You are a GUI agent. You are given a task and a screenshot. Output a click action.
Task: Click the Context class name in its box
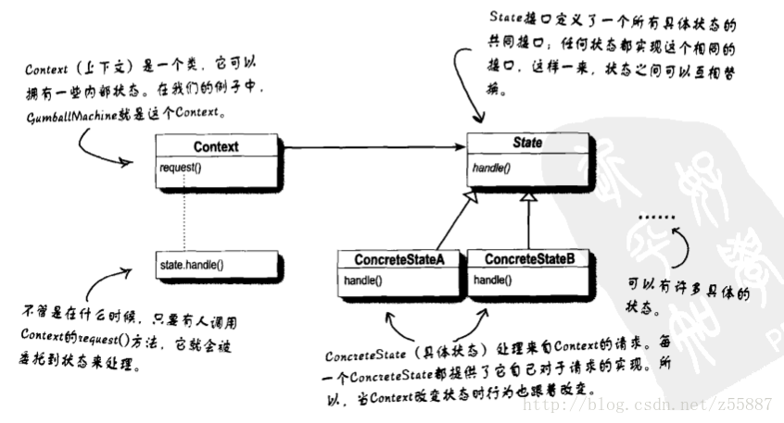pyautogui.click(x=216, y=146)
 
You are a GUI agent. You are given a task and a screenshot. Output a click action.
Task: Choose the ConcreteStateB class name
pyautogui.click(x=529, y=260)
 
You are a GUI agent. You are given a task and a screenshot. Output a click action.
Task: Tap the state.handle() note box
pyautogui.click(x=217, y=265)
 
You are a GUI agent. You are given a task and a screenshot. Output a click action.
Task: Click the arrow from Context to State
pyautogui.click(x=371, y=147)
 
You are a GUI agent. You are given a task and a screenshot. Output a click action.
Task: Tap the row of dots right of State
pyautogui.click(x=660, y=218)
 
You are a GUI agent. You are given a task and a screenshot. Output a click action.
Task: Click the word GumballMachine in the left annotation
pyautogui.click(x=56, y=112)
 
